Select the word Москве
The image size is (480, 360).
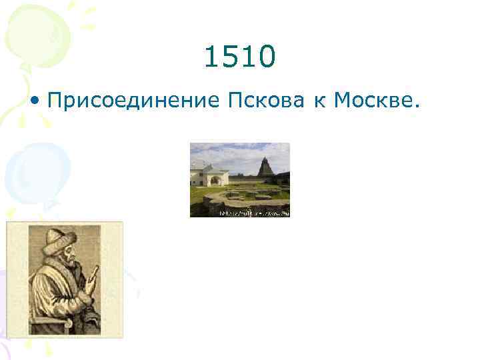pos(375,101)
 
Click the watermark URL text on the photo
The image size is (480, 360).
pos(254,213)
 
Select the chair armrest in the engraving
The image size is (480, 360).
pos(51,321)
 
